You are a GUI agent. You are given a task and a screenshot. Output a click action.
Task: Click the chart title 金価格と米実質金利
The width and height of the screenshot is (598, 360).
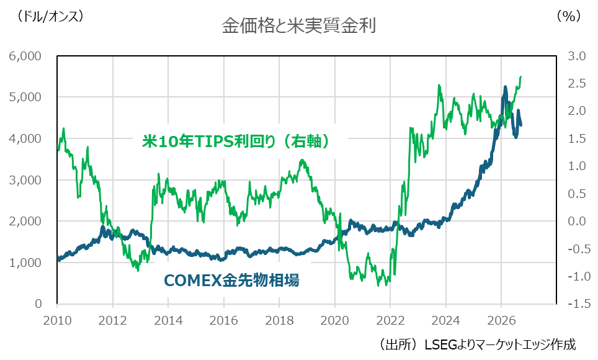298,26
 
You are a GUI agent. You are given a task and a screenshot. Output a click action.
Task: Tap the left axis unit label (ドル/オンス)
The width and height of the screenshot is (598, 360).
50,16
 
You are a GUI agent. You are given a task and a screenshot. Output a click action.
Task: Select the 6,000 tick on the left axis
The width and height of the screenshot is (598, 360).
25,56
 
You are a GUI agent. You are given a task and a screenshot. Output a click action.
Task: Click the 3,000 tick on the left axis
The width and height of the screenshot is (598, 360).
25,180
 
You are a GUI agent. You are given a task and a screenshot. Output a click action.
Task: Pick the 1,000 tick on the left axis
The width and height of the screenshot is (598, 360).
25,263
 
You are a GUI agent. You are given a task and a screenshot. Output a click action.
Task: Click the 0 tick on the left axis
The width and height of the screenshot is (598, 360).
38,304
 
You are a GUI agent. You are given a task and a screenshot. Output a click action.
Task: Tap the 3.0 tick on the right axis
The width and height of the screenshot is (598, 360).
577,56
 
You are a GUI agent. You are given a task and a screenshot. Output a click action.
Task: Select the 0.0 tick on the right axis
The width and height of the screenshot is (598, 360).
577,221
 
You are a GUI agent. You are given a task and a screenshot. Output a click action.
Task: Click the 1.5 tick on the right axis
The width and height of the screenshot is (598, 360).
577,138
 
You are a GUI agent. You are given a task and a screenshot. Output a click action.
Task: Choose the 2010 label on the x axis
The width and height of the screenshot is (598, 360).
57,320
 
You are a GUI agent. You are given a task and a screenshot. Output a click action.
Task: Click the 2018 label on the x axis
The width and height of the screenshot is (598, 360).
279,320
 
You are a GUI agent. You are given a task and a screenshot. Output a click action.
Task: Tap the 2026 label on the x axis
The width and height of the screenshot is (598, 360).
501,320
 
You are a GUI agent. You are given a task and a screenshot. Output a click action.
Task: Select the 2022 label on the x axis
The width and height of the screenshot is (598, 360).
390,320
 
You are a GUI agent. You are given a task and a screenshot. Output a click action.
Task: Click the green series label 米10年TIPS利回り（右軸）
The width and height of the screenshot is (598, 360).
236,142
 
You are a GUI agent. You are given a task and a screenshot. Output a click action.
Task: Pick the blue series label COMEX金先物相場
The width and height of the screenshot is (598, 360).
231,281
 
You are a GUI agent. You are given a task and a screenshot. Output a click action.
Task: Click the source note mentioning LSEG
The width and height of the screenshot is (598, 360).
477,344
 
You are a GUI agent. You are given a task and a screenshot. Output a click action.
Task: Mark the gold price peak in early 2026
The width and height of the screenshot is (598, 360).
506,87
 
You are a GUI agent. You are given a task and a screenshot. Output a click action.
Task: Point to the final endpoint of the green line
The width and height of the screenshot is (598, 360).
521,77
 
